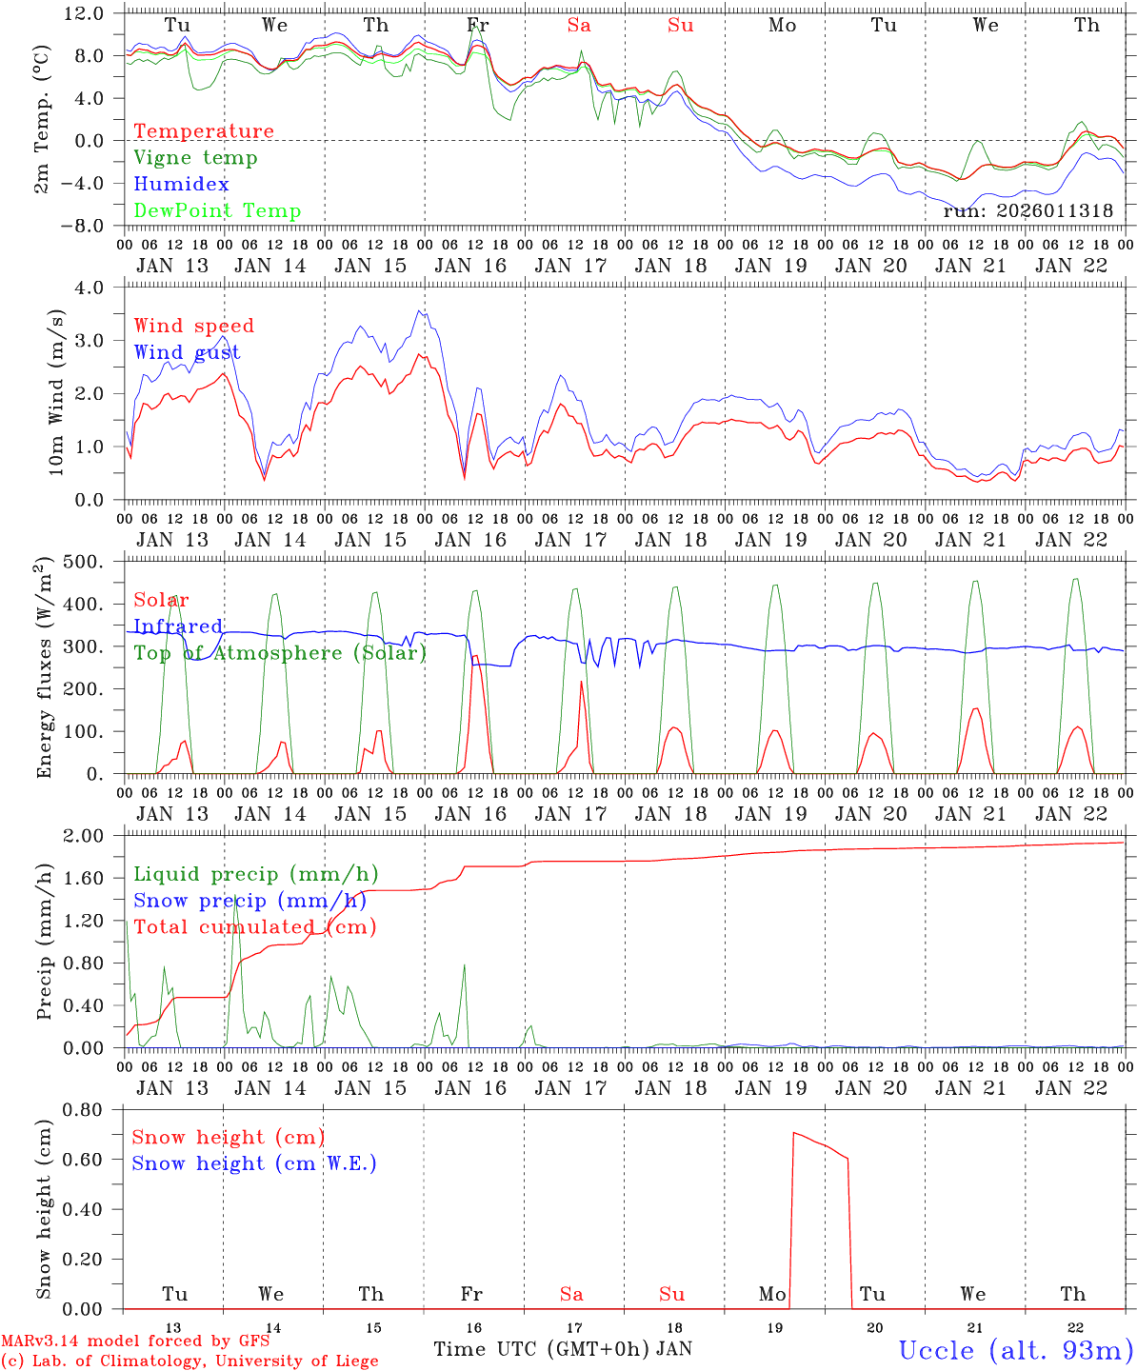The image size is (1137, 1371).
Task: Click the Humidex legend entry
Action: [181, 184]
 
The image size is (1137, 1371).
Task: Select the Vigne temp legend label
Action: [195, 157]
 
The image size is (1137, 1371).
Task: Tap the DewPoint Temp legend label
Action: [217, 210]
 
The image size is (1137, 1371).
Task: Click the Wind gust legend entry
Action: [187, 352]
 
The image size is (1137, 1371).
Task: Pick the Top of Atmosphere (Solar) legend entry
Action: [279, 653]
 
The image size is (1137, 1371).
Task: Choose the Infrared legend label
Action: [178, 626]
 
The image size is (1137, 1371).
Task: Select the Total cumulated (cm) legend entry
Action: [254, 926]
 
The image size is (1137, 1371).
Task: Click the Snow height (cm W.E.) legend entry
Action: [253, 1163]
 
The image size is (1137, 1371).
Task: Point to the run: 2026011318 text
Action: [1027, 210]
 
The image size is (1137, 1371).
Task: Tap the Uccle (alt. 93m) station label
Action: [1016, 1349]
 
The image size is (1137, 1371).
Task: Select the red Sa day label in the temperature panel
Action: [579, 26]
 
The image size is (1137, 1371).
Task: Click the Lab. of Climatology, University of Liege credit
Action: [189, 1361]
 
